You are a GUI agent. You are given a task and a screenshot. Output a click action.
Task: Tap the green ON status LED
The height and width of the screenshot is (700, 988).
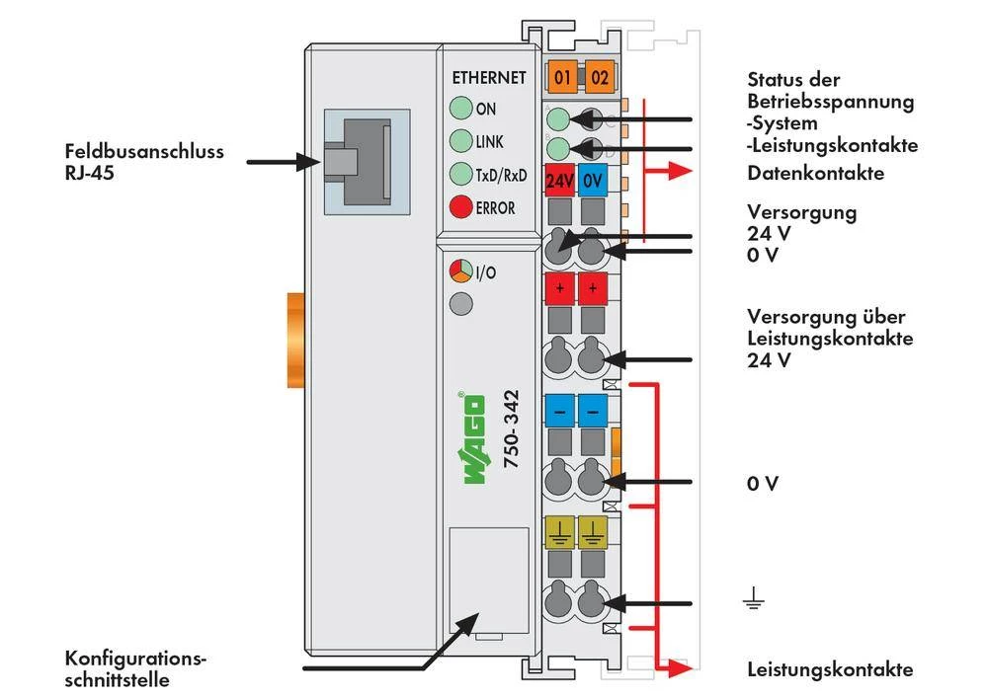(460, 109)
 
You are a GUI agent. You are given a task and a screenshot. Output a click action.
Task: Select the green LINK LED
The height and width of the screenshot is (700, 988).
(460, 141)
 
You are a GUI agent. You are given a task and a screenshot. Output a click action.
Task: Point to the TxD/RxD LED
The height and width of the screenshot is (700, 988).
(460, 175)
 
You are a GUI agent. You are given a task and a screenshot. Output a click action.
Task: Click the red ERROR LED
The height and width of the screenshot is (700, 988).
(460, 207)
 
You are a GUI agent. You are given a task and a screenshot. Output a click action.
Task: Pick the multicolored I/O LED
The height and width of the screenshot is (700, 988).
(460, 272)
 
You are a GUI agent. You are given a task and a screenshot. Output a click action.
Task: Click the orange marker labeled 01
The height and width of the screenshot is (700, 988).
(562, 76)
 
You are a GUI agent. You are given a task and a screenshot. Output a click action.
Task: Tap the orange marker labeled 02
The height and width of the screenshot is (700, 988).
(599, 76)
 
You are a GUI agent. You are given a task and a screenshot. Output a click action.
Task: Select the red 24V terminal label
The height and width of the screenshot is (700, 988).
(560, 182)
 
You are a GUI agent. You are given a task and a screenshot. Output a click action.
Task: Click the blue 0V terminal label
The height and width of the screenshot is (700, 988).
(592, 182)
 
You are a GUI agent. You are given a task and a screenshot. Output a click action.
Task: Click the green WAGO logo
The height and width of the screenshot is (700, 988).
(474, 438)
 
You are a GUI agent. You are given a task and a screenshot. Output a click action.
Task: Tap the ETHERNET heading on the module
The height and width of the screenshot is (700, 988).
(488, 78)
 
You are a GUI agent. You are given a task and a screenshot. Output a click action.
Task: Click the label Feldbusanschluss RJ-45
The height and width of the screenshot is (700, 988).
(144, 162)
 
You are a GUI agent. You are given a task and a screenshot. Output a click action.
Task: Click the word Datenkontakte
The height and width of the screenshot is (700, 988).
(815, 174)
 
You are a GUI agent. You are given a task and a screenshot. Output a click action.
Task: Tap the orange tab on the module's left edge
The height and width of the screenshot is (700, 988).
(293, 340)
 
